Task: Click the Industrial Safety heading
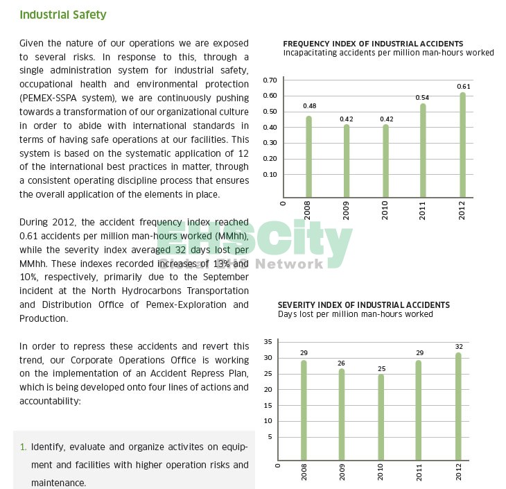pos(62,15)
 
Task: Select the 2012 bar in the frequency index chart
pos(463,146)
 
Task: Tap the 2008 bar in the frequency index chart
pos(309,157)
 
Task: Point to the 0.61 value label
pos(464,87)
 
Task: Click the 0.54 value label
pos(422,98)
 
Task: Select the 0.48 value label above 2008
pos(310,106)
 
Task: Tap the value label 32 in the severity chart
pos(458,346)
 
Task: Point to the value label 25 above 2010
pos(381,368)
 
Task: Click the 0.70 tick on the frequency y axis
pos(270,80)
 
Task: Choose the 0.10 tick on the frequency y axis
pos(270,174)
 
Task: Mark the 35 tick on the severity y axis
pos(268,342)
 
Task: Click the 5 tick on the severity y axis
pos(270,437)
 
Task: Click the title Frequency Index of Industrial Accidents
pos(373,44)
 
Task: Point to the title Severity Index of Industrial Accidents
pos(363,305)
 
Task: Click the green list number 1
pos(23,447)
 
